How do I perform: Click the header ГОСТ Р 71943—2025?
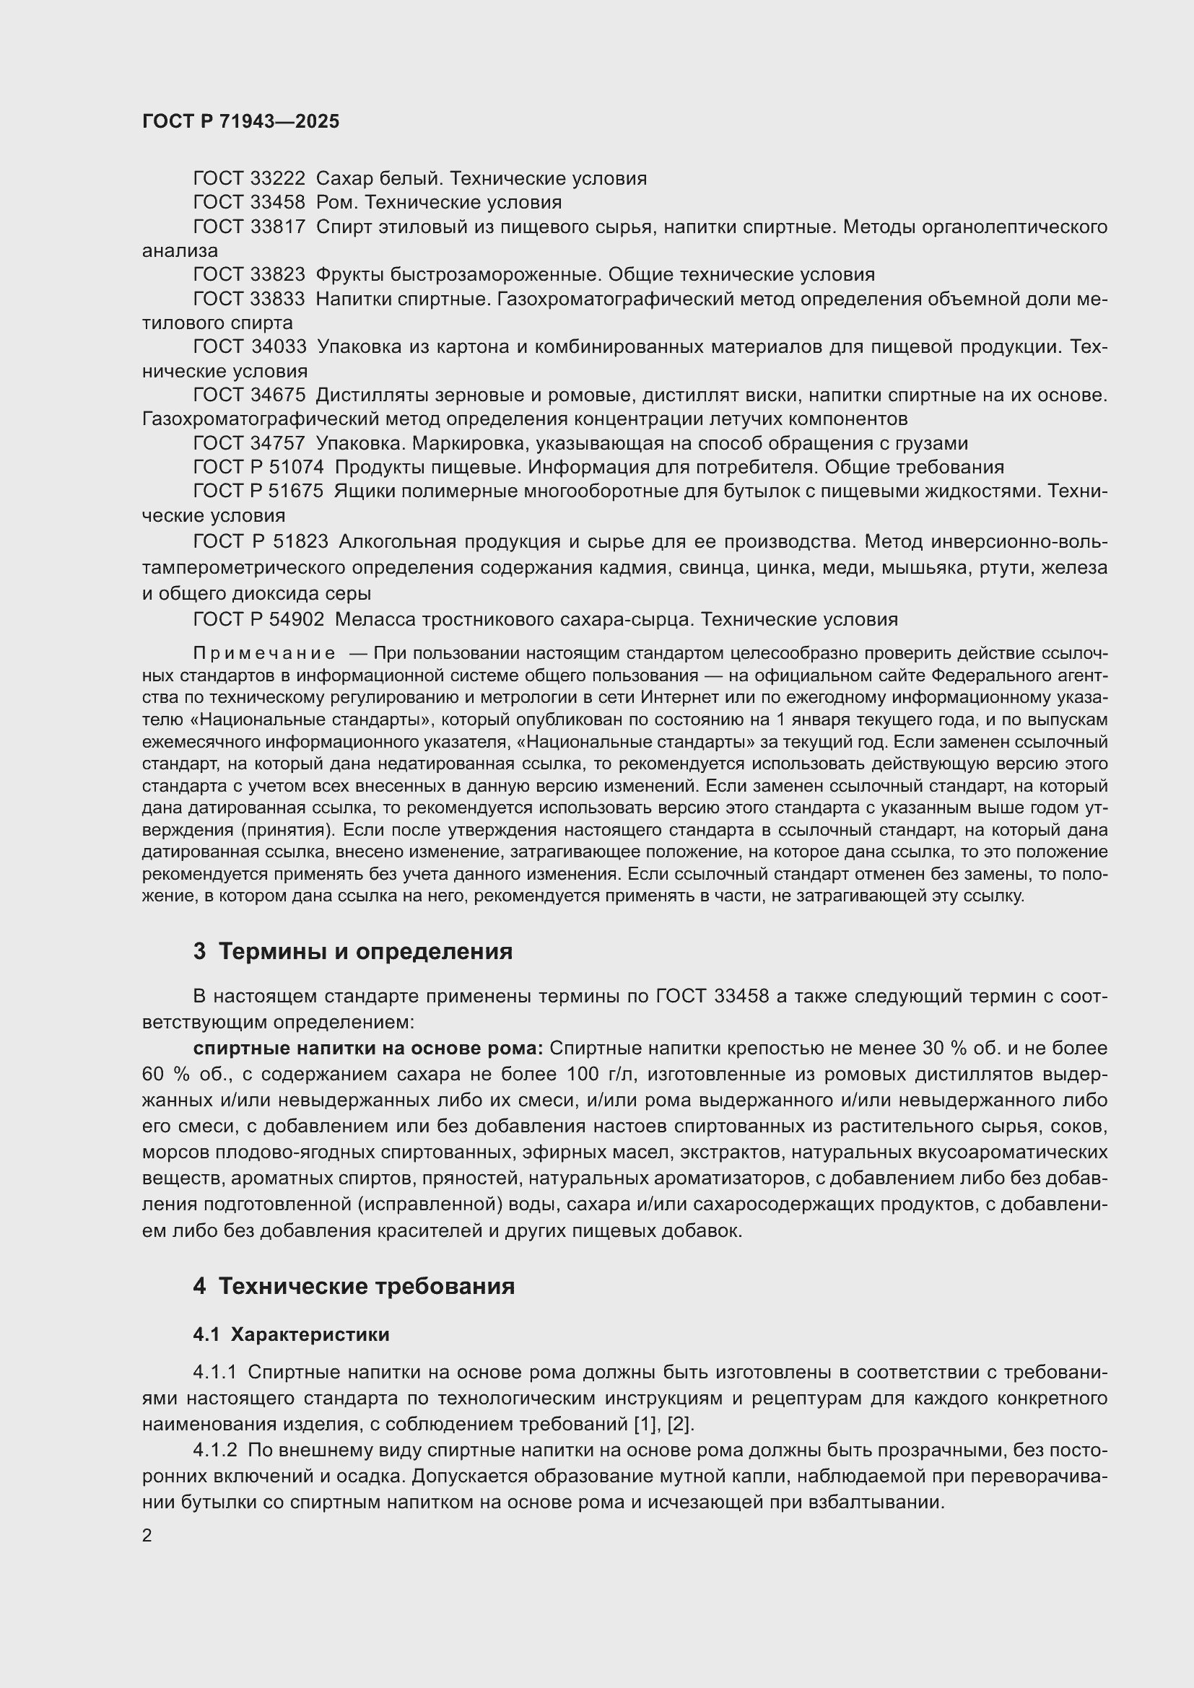click(240, 121)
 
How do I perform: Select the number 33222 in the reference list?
click(277, 179)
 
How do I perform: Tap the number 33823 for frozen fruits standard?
click(277, 275)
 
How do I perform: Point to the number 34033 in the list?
click(277, 346)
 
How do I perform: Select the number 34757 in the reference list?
click(277, 443)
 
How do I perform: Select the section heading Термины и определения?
click(365, 951)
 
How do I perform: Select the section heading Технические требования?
click(367, 1287)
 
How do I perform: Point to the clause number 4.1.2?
click(215, 1451)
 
